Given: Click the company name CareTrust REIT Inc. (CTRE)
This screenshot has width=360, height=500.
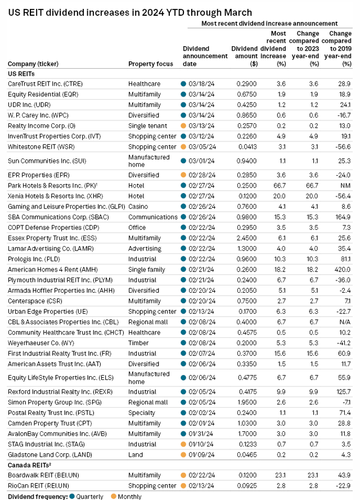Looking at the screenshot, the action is click(45, 84).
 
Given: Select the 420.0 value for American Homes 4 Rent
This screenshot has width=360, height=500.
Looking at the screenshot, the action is click(342, 270).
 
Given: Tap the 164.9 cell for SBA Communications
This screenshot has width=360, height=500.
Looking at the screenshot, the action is click(343, 217).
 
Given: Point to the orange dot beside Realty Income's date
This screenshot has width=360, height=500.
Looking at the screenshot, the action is click(183, 126).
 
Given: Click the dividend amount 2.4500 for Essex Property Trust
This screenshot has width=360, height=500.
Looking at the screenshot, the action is click(246, 238).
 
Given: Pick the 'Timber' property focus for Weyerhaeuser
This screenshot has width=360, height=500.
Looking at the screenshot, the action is click(138, 343).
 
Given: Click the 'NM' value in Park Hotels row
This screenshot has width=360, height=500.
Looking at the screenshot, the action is click(345, 186).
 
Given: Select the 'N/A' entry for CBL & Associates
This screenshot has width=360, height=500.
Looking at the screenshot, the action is click(345, 322).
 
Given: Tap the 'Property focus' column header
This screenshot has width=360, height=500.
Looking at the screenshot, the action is click(151, 64).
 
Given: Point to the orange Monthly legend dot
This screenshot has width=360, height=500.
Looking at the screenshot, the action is click(114, 496).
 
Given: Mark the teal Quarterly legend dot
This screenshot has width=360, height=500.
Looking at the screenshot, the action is click(71, 496).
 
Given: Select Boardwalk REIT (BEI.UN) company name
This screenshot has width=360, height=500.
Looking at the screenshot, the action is click(43, 475).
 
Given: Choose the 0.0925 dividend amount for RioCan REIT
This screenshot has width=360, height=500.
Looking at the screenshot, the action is click(247, 486).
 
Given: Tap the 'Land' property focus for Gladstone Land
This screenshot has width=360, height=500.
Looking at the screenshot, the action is click(136, 455).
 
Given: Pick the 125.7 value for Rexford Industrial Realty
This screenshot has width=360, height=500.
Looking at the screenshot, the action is click(342, 391).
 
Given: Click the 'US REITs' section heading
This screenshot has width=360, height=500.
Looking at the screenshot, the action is click(21, 74).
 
